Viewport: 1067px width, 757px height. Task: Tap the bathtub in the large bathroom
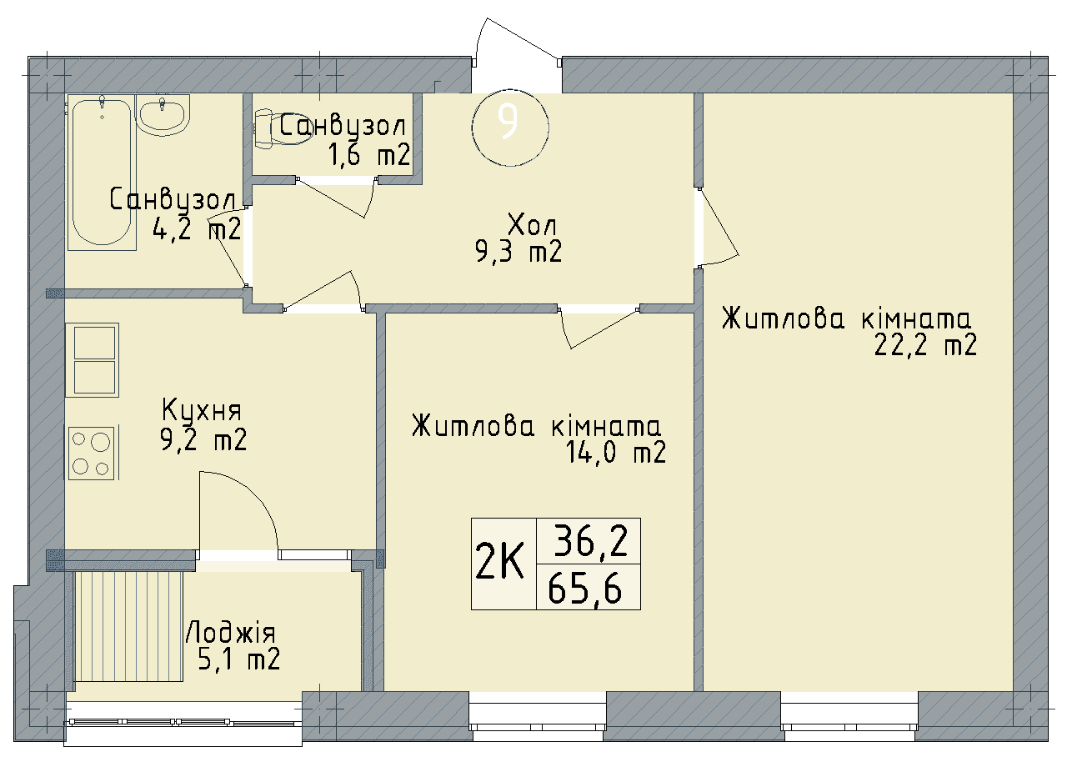(x=103, y=173)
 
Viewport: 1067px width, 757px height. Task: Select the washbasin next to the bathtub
(x=163, y=115)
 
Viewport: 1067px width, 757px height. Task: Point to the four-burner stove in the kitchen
(x=91, y=453)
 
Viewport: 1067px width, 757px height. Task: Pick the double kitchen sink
(x=93, y=359)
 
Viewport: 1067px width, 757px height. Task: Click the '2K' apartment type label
(x=500, y=563)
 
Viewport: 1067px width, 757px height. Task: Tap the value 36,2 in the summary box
(x=588, y=543)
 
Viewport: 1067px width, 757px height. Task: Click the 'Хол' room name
(x=531, y=224)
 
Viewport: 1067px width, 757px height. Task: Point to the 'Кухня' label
(x=202, y=410)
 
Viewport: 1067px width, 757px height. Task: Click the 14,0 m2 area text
(x=615, y=454)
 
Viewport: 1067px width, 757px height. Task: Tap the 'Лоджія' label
(x=230, y=631)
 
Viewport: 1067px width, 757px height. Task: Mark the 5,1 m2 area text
(x=238, y=659)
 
